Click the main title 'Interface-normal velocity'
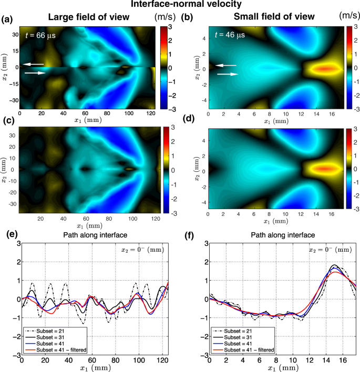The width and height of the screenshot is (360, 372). [x=180, y=5]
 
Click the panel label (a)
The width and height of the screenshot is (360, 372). [x=7, y=20]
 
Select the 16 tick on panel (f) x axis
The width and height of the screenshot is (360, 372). [x=341, y=358]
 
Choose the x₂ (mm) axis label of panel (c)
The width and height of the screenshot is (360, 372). [x=5, y=169]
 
